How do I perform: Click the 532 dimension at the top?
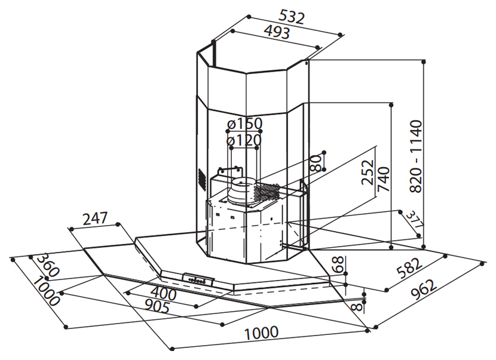[292, 17]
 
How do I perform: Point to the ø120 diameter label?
[244, 140]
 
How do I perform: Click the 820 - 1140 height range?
[417, 156]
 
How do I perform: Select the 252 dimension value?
[368, 173]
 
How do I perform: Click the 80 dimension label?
[316, 163]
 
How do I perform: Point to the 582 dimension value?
[409, 268]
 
